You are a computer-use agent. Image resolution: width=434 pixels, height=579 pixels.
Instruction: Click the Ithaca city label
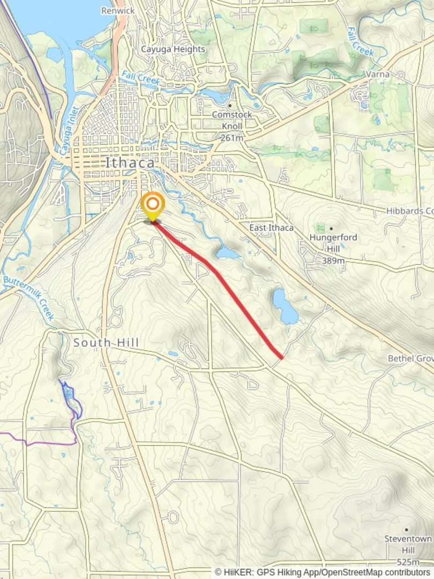(x=130, y=162)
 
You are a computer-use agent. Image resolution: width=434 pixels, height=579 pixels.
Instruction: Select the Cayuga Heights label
(x=173, y=49)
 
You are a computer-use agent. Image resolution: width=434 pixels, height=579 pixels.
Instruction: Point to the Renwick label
(x=118, y=10)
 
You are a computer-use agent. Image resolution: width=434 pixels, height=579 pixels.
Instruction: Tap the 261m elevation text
(x=231, y=137)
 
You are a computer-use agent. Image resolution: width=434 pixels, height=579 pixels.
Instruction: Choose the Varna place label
(x=378, y=74)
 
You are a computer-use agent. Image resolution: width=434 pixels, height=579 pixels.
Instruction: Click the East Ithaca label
(x=271, y=228)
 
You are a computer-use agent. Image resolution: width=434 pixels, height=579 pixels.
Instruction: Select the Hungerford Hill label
(x=333, y=242)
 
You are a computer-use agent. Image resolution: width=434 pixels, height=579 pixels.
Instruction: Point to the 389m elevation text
(x=333, y=261)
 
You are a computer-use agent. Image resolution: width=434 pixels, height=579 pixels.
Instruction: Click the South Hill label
(x=106, y=342)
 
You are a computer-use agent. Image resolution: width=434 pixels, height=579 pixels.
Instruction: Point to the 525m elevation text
(x=408, y=562)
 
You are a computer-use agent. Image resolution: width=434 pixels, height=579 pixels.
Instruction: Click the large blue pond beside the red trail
(x=285, y=307)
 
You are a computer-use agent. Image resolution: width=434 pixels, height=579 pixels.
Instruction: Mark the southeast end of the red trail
(x=281, y=357)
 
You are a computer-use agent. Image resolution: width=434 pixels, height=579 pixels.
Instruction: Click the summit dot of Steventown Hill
(x=407, y=529)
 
